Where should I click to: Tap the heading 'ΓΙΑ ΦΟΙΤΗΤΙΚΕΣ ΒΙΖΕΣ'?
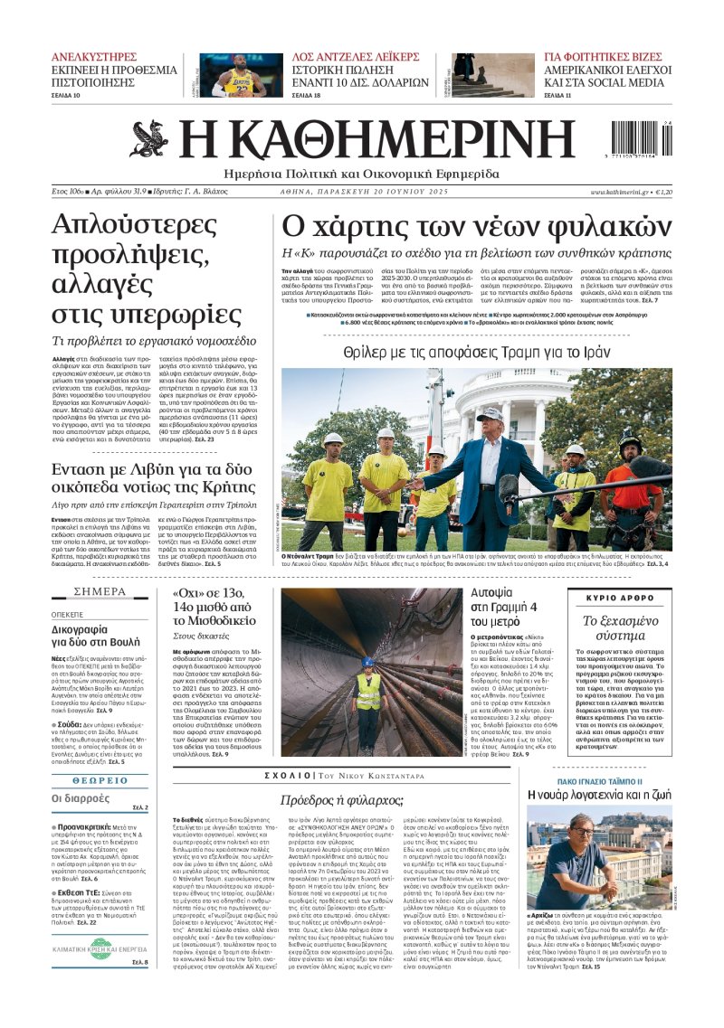[603, 56]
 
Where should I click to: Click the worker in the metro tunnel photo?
[367, 692]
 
